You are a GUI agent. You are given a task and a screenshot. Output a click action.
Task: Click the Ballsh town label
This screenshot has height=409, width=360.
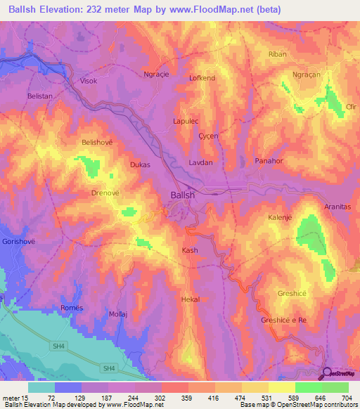tap(183, 196)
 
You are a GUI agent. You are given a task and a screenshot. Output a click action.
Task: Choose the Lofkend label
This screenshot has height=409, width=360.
tap(202, 78)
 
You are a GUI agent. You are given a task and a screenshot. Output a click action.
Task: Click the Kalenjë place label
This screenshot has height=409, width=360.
tap(280, 218)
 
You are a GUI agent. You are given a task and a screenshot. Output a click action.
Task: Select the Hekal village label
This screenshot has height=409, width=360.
tap(191, 299)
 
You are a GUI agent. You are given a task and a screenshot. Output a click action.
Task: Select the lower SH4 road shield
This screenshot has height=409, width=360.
tap(108, 368)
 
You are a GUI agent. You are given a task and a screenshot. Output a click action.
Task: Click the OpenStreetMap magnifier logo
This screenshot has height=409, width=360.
tap(327, 373)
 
